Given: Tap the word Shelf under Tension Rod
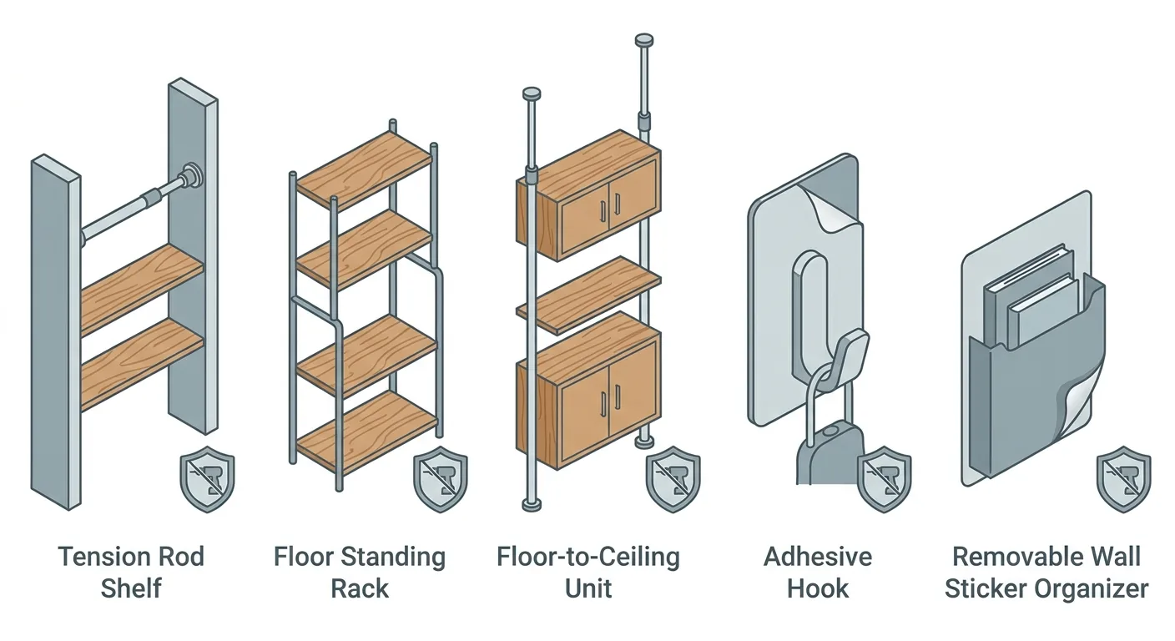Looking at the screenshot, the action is point(131,588).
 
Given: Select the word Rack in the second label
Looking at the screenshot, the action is point(360,588).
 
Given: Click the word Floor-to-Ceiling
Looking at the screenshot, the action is point(588,558).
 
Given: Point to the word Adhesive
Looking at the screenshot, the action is point(817,557).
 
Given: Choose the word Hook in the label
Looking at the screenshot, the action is point(817,588).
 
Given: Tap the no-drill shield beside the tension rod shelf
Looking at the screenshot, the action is point(207,479).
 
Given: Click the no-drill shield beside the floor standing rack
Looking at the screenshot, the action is point(440,479).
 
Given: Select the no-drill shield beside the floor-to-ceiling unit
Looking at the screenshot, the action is point(673,479).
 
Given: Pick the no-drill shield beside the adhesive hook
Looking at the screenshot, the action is point(884,479).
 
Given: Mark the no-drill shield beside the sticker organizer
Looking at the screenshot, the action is point(1123,479).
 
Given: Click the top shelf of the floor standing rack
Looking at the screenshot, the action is point(364,169).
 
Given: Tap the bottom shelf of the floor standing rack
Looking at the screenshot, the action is point(367,432).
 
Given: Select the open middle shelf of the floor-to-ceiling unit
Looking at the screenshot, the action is point(588,295).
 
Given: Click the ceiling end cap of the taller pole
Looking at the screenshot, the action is point(643,40).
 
